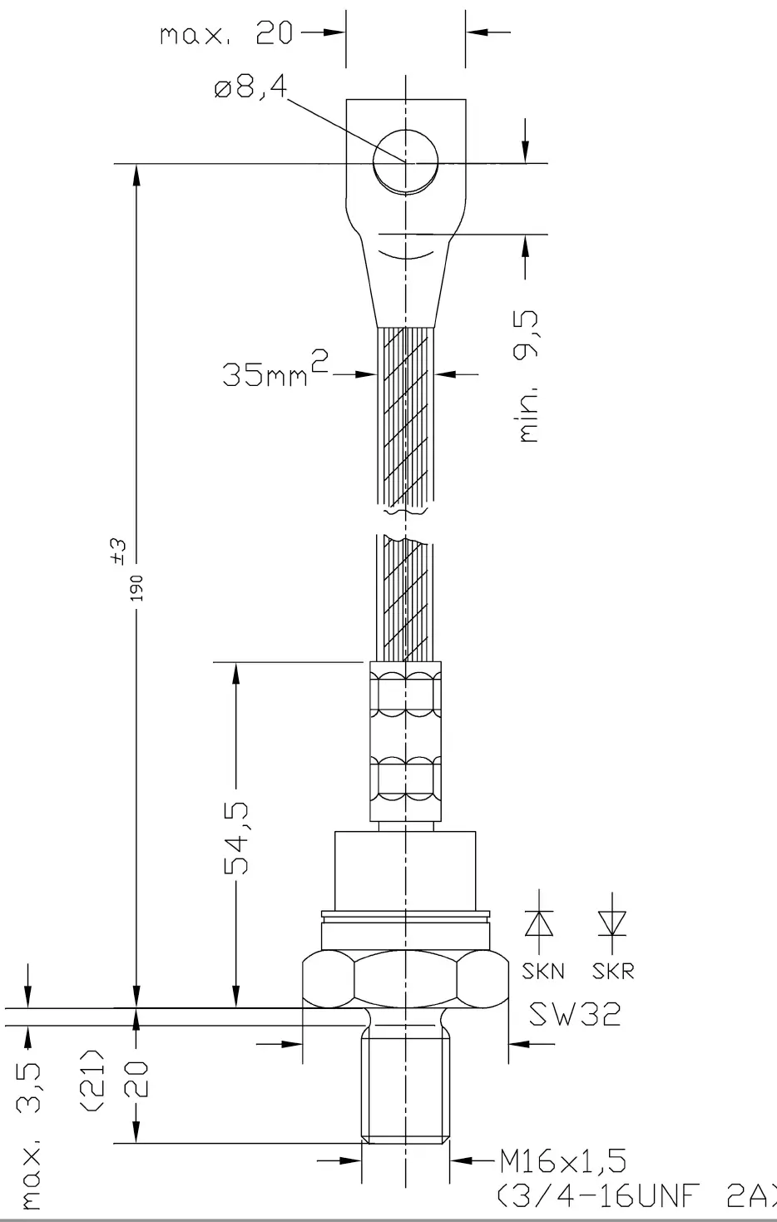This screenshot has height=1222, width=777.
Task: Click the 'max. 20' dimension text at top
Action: (x=226, y=34)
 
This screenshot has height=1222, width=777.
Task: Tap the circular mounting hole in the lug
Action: (x=405, y=161)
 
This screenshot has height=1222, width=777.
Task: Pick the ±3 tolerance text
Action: (x=118, y=549)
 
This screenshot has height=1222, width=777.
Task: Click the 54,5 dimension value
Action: (x=237, y=839)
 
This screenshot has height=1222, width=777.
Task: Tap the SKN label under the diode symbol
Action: (x=542, y=972)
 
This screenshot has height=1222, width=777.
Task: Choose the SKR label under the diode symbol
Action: (x=613, y=972)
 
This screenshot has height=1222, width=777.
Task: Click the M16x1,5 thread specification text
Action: (x=562, y=1160)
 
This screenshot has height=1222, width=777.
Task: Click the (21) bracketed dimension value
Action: (x=93, y=1078)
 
